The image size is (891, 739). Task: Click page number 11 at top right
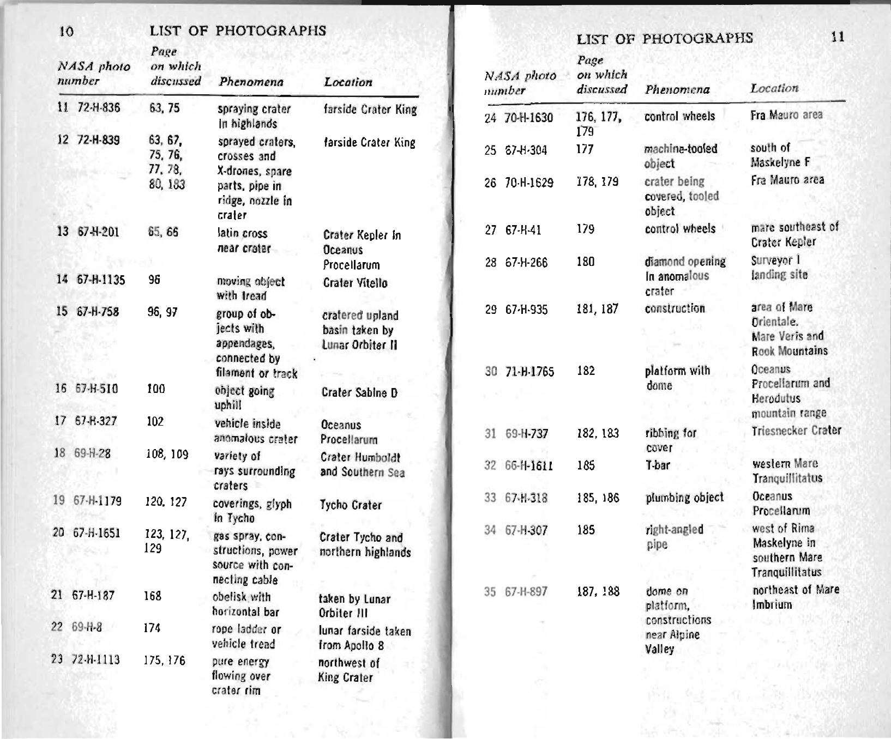pos(838,37)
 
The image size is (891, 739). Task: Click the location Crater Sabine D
pos(359,392)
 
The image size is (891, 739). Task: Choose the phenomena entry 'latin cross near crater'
pos(243,241)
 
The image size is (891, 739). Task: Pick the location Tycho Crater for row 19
pos(351,505)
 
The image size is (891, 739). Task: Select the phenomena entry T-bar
pos(658,465)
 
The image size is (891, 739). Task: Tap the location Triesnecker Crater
pos(797,431)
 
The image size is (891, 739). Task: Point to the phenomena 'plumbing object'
pos(684,498)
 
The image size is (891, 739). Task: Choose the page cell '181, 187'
pos(598,310)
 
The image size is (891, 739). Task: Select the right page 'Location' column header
pos(774,88)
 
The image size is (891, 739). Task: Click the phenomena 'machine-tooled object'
pos(681,156)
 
